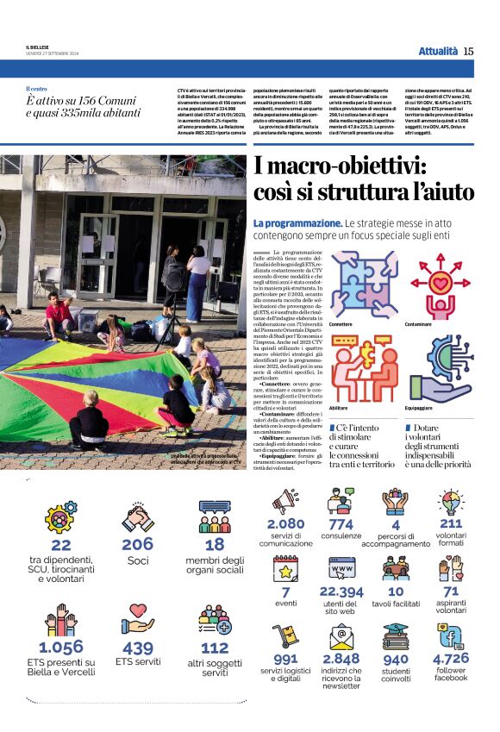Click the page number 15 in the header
(x=468, y=51)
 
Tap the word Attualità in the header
(x=438, y=51)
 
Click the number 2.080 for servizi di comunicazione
(x=285, y=523)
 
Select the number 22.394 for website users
(x=341, y=591)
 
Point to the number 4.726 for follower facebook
(x=451, y=659)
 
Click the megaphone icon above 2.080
(x=285, y=501)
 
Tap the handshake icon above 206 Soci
(x=137, y=518)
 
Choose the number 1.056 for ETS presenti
(x=61, y=647)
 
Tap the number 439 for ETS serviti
(x=137, y=648)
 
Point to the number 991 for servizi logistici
(x=284, y=659)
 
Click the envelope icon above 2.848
(x=341, y=636)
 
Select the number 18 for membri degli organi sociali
(x=215, y=545)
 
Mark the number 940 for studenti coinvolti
(x=396, y=660)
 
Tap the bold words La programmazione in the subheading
(x=297, y=223)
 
